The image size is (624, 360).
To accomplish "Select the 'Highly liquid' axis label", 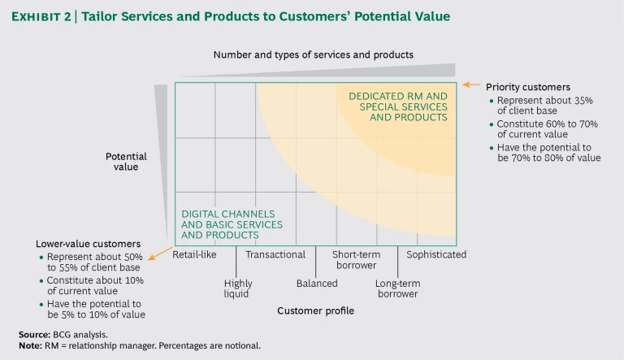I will pos(238,288).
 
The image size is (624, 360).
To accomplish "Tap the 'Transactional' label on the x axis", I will pos(275,254).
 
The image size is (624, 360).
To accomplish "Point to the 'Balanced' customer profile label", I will pos(316,284).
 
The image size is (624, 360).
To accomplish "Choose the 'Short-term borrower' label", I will pos(354,259).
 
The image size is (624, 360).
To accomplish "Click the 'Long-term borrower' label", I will pos(396,288).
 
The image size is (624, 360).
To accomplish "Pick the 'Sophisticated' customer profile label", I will pos(436,254).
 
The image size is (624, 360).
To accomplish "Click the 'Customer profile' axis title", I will pos(315,310).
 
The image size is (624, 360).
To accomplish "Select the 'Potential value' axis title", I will pos(126,162).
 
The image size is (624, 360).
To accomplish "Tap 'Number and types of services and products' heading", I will pos(313,54).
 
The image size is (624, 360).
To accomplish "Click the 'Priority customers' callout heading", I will pos(527,87).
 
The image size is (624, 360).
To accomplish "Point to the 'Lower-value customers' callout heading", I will pos(89,243).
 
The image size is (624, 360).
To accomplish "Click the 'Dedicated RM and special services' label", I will pos(398,106).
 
